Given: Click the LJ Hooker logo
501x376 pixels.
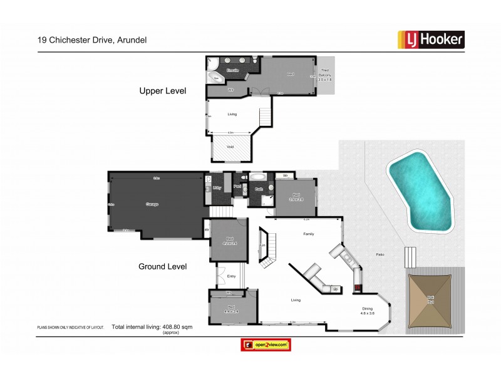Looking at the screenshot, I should point(431,39).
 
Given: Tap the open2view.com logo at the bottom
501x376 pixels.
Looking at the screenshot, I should point(266,345).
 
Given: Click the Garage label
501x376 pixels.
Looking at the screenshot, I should point(152,204).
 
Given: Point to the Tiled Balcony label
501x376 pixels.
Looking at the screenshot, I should point(325,75).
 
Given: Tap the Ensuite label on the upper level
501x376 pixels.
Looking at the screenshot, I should point(233,70).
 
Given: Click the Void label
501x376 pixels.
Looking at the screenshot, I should point(230,146).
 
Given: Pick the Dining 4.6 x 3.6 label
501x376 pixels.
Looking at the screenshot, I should point(367,311).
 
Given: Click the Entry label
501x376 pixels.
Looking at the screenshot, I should point(231,275).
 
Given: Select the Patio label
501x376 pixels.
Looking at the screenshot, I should point(380,254).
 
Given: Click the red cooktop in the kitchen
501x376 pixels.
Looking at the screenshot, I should point(358,289).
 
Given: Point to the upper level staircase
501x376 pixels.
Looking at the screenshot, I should point(267,116).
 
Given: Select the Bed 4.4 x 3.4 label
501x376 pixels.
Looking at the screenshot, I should point(231,309).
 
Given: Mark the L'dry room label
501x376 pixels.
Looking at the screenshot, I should point(217,187).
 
